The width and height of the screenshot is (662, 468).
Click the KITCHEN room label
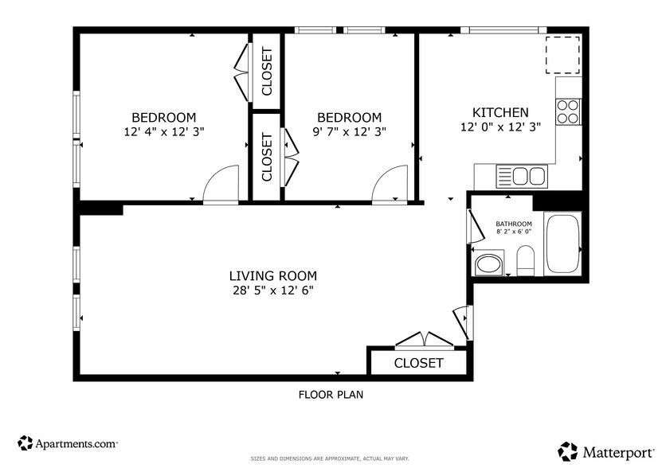click(499, 112)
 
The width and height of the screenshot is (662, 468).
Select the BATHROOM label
click(514, 224)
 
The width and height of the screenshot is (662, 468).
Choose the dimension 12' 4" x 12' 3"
click(163, 131)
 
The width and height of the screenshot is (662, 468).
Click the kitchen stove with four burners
click(568, 111)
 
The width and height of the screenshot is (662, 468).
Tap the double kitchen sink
click(523, 175)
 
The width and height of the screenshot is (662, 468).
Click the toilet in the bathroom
click(526, 259)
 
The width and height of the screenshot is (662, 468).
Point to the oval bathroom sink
click(488, 263)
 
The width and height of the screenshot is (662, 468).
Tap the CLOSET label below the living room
click(419, 363)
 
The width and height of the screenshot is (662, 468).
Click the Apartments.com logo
click(69, 443)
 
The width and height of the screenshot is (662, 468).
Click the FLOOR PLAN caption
click(331, 394)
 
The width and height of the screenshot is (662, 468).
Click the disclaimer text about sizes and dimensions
click(330, 459)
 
